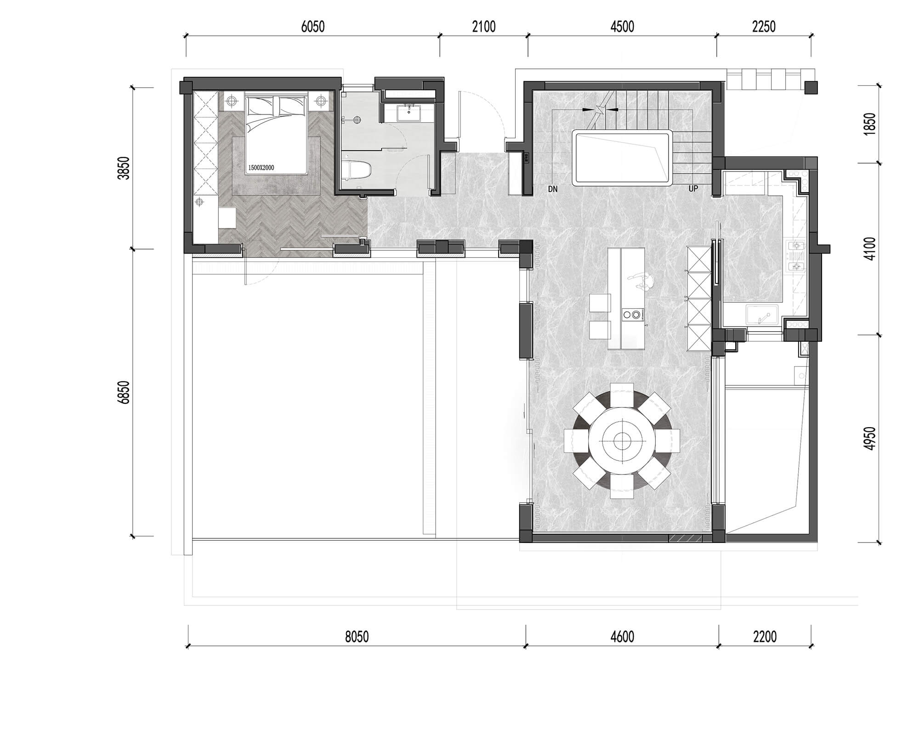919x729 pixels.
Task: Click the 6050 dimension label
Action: (312, 27)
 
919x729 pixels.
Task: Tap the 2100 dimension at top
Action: (484, 27)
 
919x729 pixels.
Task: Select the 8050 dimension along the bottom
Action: (357, 637)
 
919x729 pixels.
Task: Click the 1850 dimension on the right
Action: (869, 124)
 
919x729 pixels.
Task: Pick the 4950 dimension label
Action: (869, 439)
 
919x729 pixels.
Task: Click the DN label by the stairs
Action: (553, 189)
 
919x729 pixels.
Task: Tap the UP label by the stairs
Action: (693, 189)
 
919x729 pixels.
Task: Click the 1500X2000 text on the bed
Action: (261, 168)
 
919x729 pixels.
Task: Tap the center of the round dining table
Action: (622, 441)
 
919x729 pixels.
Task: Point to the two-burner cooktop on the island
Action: (631, 315)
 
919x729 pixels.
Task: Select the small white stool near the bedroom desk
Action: (227, 217)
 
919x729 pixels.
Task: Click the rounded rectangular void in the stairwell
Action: (622, 158)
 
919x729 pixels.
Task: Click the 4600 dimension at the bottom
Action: (622, 637)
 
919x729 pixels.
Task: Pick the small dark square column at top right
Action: (811, 88)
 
